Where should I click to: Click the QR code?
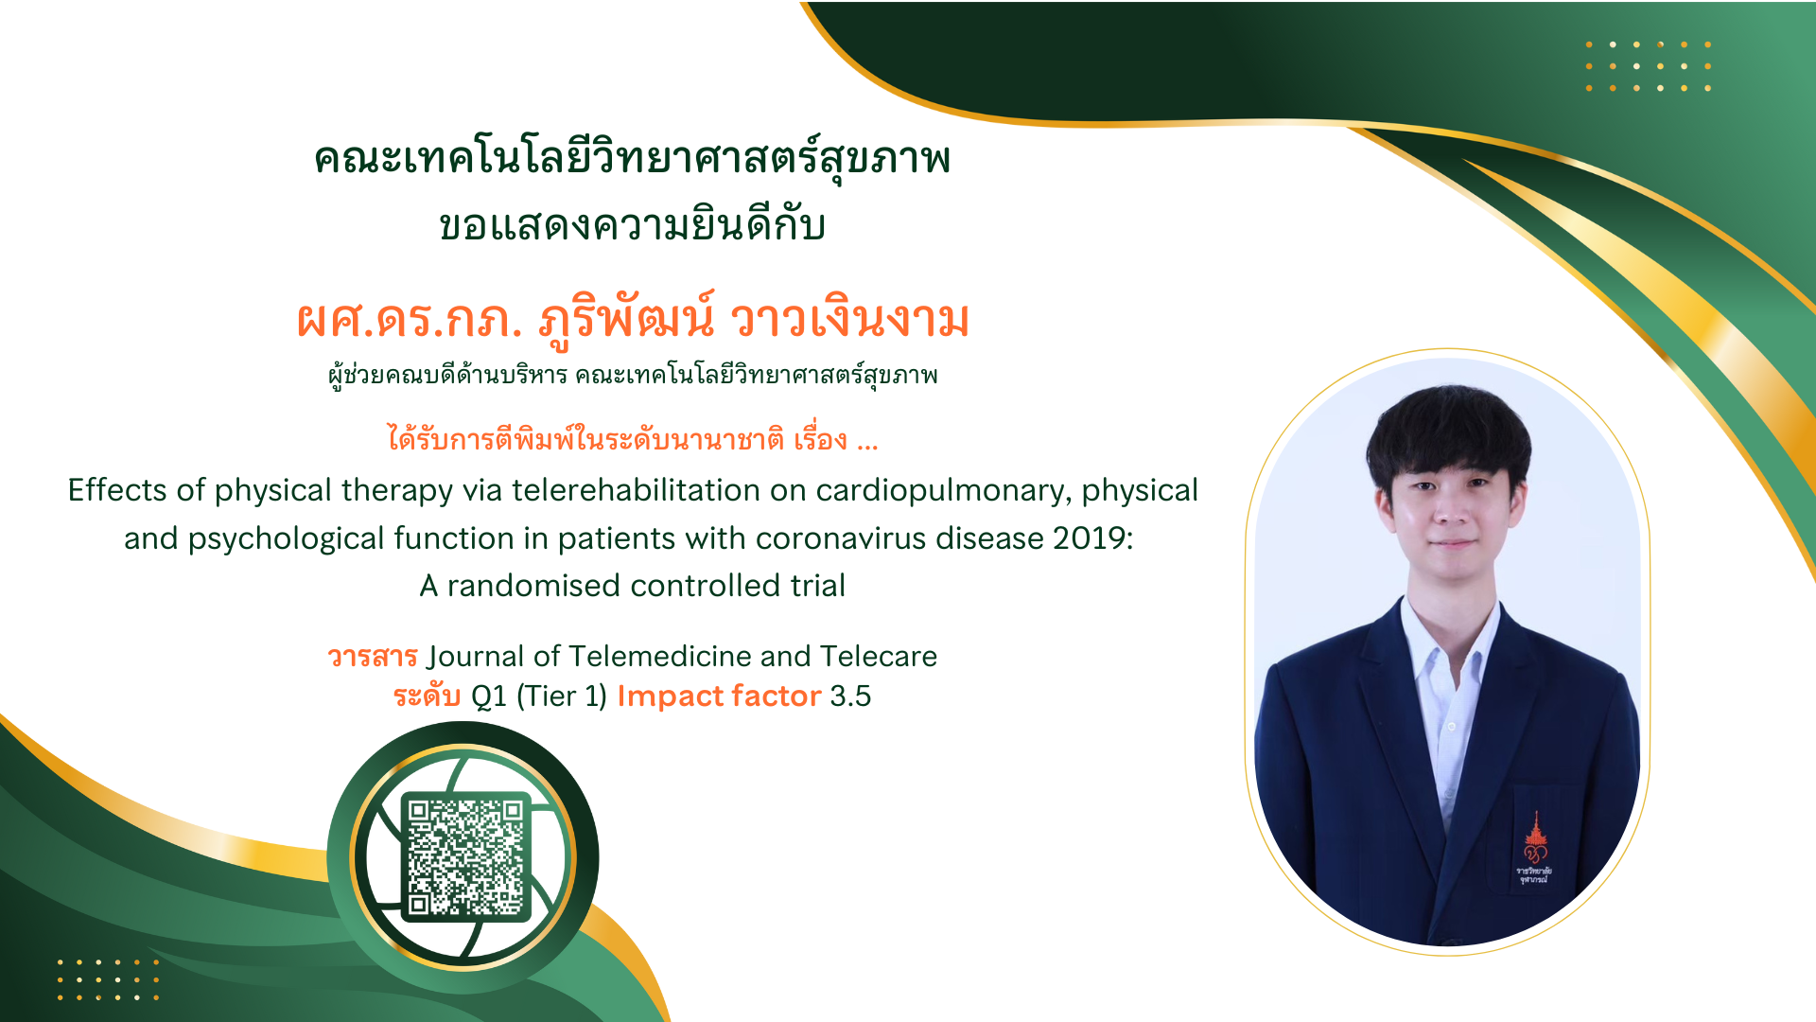click(x=465, y=857)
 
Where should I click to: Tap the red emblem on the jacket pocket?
click(x=1534, y=847)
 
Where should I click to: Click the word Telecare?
click(x=878, y=656)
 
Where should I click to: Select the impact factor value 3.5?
click(x=850, y=696)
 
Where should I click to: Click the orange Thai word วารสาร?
click(x=373, y=656)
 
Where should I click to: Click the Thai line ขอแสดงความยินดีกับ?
click(x=632, y=226)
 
